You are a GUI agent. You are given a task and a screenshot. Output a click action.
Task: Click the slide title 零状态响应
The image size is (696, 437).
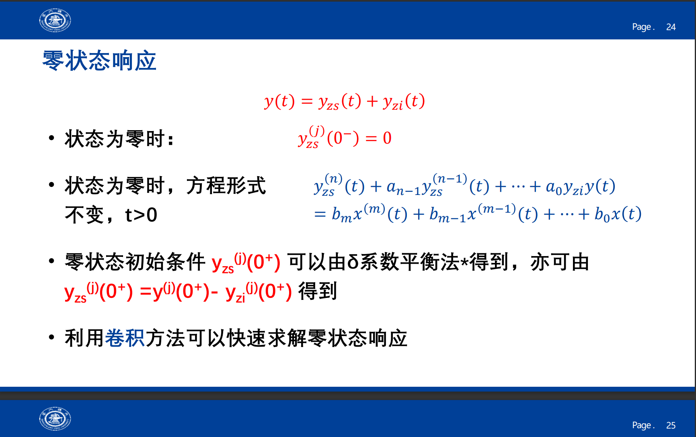click(x=99, y=61)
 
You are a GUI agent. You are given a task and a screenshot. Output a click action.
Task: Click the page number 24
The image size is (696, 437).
click(x=671, y=27)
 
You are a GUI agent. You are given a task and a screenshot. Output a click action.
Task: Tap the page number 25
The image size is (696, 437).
click(x=671, y=425)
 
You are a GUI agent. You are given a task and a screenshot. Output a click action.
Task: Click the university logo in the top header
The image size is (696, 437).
click(x=55, y=20)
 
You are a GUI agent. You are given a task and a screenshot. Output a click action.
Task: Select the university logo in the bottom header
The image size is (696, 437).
click(x=55, y=419)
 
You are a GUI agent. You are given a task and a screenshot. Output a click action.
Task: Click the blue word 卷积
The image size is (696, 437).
click(x=125, y=338)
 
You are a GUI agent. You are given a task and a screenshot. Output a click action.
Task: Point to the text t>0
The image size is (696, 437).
click(x=141, y=215)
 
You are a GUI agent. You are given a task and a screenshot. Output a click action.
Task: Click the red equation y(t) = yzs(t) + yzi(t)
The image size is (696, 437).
click(x=345, y=101)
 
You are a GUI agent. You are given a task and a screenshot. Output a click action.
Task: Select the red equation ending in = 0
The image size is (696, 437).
click(x=345, y=137)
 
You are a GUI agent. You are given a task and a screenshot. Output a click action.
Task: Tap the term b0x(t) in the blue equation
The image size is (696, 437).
click(x=618, y=214)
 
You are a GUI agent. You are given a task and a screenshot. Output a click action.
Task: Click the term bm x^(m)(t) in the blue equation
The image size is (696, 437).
click(x=358, y=213)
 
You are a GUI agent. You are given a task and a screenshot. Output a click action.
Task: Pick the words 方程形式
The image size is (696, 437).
click(x=226, y=186)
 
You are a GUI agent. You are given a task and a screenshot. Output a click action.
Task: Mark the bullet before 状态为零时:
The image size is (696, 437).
click(x=51, y=138)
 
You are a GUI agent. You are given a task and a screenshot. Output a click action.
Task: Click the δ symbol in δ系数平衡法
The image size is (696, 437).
click(x=353, y=262)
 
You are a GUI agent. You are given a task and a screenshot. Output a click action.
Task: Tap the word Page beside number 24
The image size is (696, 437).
click(x=643, y=27)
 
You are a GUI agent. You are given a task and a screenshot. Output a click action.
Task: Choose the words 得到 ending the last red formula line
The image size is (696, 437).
click(x=317, y=291)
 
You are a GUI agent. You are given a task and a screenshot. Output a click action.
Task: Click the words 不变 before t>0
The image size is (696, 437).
click(x=84, y=215)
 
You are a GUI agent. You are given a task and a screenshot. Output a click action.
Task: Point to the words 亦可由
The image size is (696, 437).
click(x=560, y=262)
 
